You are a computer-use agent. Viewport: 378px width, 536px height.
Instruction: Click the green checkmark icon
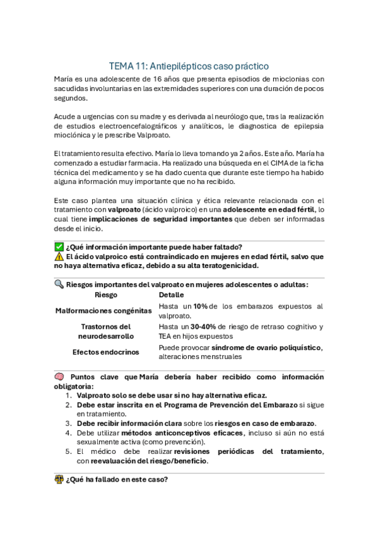coord(59,247)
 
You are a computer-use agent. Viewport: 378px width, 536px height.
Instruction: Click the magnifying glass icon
coord(59,284)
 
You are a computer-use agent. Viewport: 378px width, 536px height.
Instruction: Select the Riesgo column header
coord(105,295)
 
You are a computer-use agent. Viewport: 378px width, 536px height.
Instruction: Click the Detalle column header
coord(172,295)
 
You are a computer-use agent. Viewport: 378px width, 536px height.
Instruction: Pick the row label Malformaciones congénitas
coord(103,310)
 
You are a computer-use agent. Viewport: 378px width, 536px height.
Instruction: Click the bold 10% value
coord(201,306)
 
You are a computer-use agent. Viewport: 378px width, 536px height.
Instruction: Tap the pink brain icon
coord(59,377)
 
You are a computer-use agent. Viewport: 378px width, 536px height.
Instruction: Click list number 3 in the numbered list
coord(68,423)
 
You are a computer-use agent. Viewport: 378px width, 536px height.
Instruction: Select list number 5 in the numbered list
coord(68,451)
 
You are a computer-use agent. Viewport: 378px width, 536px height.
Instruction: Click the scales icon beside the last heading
coord(59,479)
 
